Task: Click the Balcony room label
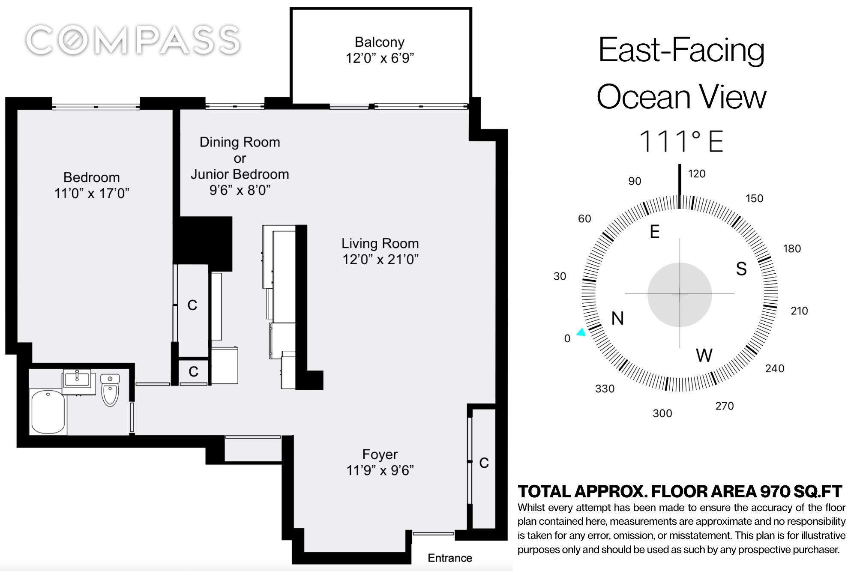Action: click(x=380, y=42)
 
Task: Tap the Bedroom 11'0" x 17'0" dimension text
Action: click(x=92, y=194)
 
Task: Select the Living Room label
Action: click(x=380, y=243)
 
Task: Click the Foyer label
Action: click(x=380, y=454)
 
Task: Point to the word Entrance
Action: click(x=449, y=558)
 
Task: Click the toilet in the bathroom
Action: click(x=110, y=390)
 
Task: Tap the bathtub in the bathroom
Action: click(x=48, y=412)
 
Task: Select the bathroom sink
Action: click(x=77, y=380)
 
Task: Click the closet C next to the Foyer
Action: click(x=484, y=463)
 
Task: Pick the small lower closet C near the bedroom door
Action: click(x=193, y=371)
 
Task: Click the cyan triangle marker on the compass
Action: click(x=581, y=332)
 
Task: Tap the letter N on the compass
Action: click(x=617, y=318)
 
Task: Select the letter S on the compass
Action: click(x=741, y=269)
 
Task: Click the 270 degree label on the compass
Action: click(x=724, y=406)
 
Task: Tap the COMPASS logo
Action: click(x=133, y=40)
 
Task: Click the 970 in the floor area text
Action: click(x=775, y=491)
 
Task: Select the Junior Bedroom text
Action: click(x=240, y=174)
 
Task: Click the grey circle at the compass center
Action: click(x=680, y=294)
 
